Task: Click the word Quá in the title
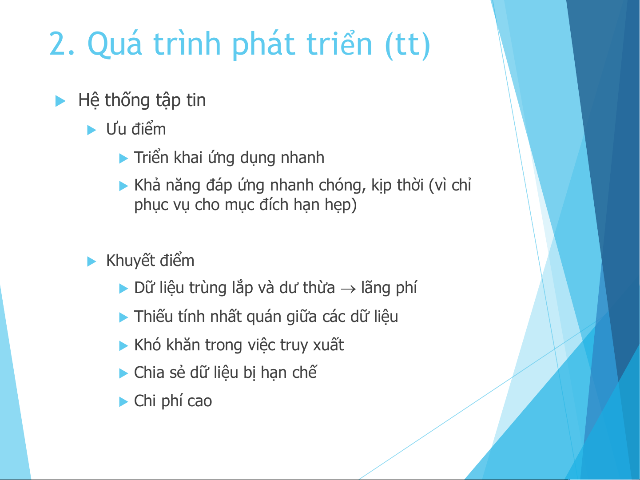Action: tap(115, 43)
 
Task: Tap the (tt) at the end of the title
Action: tap(408, 44)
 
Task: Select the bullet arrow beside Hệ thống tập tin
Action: tap(60, 101)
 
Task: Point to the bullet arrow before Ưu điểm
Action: tap(91, 130)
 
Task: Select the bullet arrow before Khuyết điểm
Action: tap(91, 261)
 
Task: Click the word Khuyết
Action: tap(131, 260)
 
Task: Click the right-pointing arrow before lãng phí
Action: tap(348, 289)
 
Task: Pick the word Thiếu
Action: tap(154, 317)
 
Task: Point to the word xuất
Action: tap(328, 345)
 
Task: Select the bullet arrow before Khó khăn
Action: tap(123, 346)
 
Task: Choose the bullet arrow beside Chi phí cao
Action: tap(123, 402)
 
